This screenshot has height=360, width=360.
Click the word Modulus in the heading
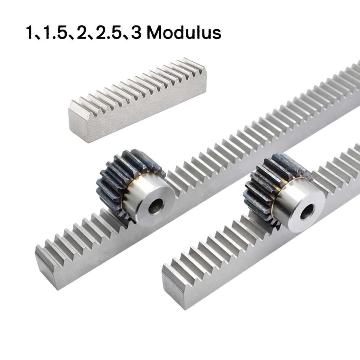click(x=184, y=33)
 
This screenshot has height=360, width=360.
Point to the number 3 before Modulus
click(x=136, y=33)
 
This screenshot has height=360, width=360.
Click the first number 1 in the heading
click(x=30, y=33)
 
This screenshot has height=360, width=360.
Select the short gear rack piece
click(x=137, y=100)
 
